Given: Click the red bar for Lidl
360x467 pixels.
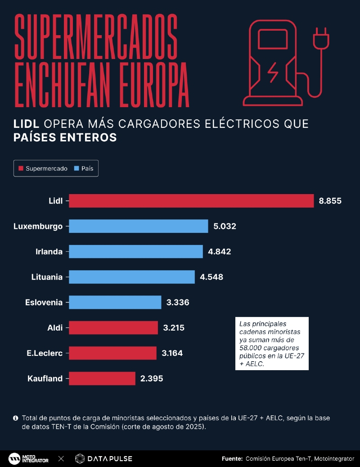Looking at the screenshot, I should click(x=191, y=201).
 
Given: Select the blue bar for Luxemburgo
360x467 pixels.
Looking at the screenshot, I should click(x=139, y=226).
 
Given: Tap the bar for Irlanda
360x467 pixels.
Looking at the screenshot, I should click(x=136, y=251).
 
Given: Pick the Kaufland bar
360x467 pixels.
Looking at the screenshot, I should click(x=102, y=378).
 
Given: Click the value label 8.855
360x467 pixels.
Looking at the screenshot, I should click(x=330, y=201).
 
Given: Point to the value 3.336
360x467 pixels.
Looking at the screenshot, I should click(x=177, y=302).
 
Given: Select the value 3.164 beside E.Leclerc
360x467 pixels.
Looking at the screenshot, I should click(x=172, y=353).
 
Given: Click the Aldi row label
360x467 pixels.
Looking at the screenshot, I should click(x=55, y=327).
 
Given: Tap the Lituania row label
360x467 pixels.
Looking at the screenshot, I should click(x=47, y=277).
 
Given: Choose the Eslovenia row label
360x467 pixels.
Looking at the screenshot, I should click(x=44, y=302).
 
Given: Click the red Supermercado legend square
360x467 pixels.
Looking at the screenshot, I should click(x=21, y=169).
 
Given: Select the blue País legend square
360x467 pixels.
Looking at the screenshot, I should click(x=76, y=169).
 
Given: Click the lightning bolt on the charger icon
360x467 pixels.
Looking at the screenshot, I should click(x=273, y=73).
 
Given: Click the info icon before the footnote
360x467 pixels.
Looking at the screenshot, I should click(x=16, y=418).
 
